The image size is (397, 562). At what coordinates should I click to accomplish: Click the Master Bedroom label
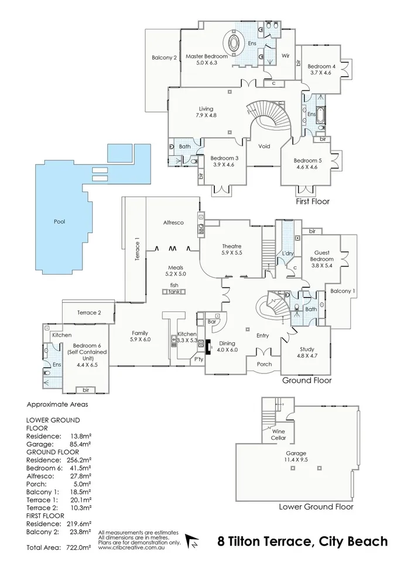tap(201, 56)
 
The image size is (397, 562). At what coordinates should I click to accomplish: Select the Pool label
tap(59, 222)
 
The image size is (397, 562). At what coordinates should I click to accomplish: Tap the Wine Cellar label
tap(279, 434)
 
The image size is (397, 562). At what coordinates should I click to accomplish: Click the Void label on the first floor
tap(264, 146)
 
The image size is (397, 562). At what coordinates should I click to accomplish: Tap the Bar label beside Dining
tap(213, 322)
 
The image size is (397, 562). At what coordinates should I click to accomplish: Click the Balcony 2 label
tap(164, 57)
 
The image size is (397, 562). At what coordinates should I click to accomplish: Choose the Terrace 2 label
tap(89, 313)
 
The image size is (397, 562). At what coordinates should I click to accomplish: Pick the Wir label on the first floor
tap(286, 56)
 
